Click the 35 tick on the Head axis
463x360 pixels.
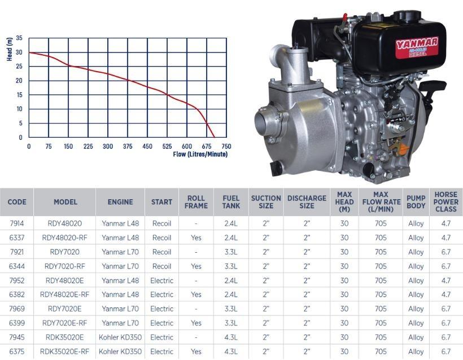click(19, 38)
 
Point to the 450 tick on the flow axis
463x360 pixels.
click(147, 147)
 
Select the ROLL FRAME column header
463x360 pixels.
click(196, 202)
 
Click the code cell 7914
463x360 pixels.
click(17, 223)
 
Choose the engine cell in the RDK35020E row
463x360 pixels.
click(120, 337)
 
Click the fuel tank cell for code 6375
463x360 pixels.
click(231, 352)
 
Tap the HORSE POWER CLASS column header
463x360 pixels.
click(446, 202)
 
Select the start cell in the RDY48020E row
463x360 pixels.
click(161, 280)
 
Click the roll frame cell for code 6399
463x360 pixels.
click(196, 323)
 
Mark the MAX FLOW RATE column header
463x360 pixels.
click(381, 202)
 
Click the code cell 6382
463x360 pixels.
click(17, 295)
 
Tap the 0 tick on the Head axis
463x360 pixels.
click(21, 137)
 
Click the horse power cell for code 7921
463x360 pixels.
click(446, 252)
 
